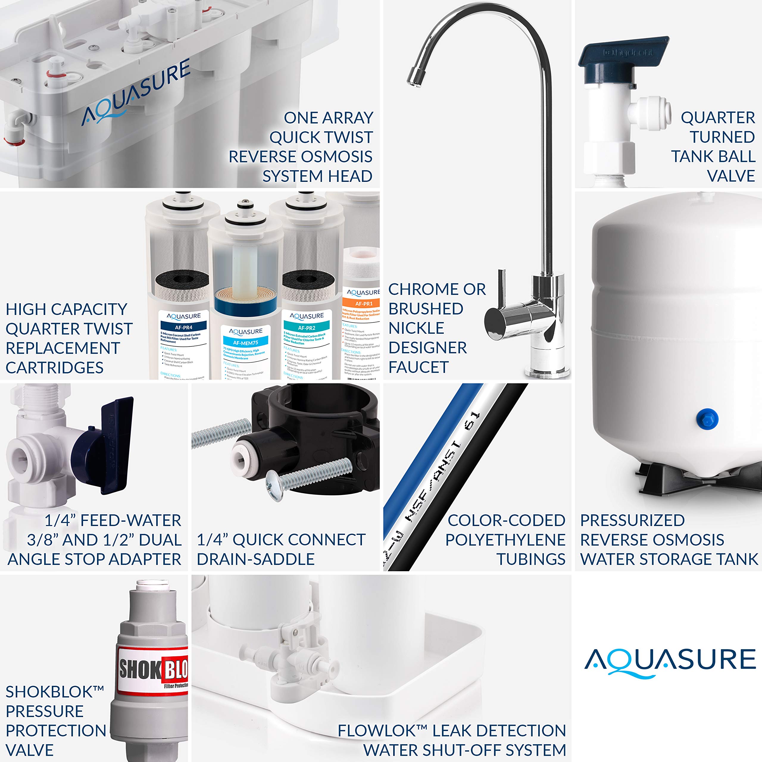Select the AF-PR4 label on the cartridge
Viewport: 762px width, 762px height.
tap(184, 327)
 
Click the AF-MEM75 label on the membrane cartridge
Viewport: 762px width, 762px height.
tap(245, 343)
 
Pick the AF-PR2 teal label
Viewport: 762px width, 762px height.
tap(307, 328)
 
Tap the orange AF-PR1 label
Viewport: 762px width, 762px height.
tap(363, 304)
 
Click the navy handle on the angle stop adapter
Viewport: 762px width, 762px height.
tap(114, 446)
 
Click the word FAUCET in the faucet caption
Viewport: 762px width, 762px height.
tap(419, 367)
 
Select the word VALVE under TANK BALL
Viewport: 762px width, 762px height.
tap(731, 176)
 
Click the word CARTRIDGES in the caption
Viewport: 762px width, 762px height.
tap(54, 368)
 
